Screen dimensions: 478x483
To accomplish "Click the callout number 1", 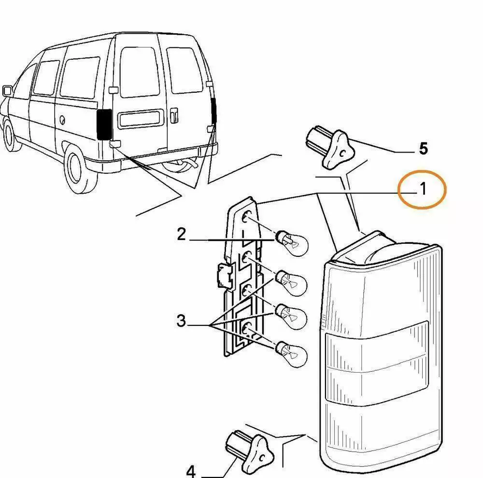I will tap(423, 189).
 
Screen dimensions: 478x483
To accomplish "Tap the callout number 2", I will tap(181, 235).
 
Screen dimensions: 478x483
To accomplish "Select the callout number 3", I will tap(181, 321).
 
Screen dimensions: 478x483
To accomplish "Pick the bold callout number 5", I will tap(423, 149).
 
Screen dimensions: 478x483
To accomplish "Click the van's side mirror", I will tap(7, 90).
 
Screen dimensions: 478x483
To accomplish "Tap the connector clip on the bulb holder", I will tap(223, 276).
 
